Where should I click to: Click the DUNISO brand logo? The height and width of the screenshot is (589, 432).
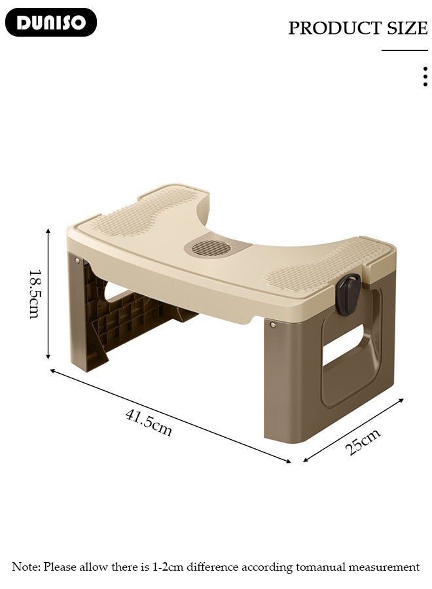pyautogui.click(x=51, y=22)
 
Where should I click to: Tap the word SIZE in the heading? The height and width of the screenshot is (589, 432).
pyautogui.click(x=406, y=28)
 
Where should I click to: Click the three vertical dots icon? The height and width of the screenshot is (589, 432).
pyautogui.click(x=425, y=77)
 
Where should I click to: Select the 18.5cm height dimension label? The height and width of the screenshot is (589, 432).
pyautogui.click(x=34, y=294)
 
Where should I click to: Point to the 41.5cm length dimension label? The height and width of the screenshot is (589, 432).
pyautogui.click(x=149, y=423)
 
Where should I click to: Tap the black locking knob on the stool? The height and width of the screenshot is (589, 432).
pyautogui.click(x=348, y=292)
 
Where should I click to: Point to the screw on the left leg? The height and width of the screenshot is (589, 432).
pyautogui.click(x=78, y=261)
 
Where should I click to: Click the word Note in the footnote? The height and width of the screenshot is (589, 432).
pyautogui.click(x=25, y=567)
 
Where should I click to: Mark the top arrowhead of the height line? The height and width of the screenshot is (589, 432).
pyautogui.click(x=48, y=230)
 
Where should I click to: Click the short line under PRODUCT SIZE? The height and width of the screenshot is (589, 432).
pyautogui.click(x=405, y=50)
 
